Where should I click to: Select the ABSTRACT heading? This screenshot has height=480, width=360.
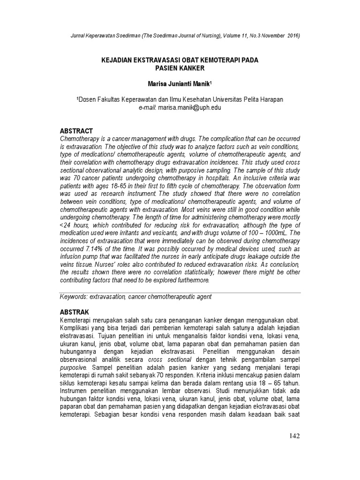(x=77, y=131)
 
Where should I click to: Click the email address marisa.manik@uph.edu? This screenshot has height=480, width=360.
(x=190, y=107)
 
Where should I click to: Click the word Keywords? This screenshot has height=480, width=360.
(x=75, y=297)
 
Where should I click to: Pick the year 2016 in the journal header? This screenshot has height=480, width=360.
(x=292, y=36)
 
